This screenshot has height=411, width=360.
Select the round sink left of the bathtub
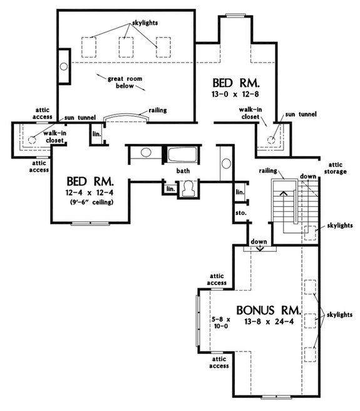[145, 153]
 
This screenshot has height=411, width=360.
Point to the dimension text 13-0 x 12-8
[235, 95]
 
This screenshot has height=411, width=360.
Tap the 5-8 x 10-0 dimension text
[220, 323]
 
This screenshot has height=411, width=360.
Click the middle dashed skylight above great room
[128, 47]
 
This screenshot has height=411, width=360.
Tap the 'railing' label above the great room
[157, 110]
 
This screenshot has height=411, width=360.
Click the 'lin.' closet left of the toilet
[169, 189]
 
